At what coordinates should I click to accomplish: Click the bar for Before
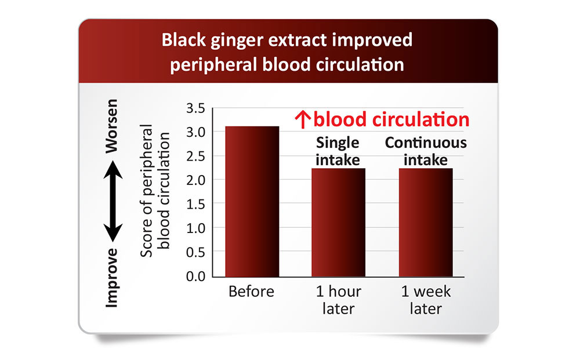(x=252, y=201)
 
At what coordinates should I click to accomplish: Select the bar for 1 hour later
(x=338, y=223)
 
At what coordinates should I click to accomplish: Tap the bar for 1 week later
(x=425, y=223)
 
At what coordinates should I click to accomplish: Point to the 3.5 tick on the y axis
(x=195, y=108)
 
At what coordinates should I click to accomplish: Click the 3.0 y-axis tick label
(x=195, y=132)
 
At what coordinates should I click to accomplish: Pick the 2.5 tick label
(x=195, y=157)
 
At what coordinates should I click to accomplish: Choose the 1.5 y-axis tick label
(x=195, y=205)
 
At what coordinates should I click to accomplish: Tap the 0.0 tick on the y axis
(x=195, y=277)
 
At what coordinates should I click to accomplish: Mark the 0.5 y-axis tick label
(x=195, y=252)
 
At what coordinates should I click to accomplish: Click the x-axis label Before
(x=252, y=292)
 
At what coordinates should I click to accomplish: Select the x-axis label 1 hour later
(x=338, y=300)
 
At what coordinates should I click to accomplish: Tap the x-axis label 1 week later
(x=426, y=300)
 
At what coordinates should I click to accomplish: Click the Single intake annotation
(x=338, y=151)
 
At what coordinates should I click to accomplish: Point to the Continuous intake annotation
(x=426, y=151)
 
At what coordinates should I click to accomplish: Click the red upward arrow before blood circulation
(x=303, y=120)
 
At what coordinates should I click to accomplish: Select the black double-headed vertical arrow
(x=113, y=201)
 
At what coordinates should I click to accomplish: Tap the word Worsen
(x=111, y=126)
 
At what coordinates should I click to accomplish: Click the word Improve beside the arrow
(x=111, y=278)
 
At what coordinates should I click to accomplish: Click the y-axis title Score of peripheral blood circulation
(x=155, y=191)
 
